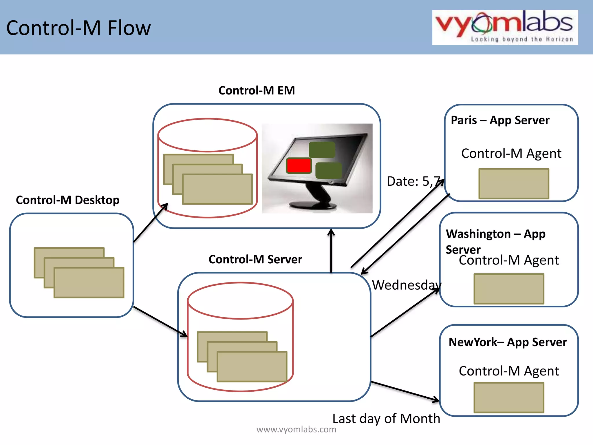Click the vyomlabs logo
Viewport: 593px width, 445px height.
[x=505, y=28]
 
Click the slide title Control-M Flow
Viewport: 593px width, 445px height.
[x=78, y=28]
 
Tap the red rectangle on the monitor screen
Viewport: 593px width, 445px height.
[x=299, y=166]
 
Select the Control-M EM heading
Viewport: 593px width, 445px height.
[x=257, y=90]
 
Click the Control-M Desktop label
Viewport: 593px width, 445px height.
[x=67, y=200]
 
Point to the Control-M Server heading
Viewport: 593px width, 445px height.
[x=255, y=259]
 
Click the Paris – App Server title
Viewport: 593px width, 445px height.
[x=500, y=120]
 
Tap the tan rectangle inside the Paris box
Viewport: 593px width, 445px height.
[x=514, y=184]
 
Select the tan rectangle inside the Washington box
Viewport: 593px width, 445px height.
[x=509, y=289]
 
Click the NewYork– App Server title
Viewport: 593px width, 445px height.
[x=508, y=342]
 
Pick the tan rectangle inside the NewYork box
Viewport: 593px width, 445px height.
[x=509, y=397]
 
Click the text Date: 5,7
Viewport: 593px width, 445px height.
[x=413, y=181]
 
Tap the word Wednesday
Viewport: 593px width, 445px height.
[x=406, y=285]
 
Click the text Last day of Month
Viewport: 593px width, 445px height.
[x=386, y=419]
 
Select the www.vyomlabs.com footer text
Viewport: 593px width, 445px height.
[x=296, y=429]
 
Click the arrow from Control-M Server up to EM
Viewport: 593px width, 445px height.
[x=331, y=251]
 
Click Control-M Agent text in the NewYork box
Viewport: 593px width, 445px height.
[x=509, y=371]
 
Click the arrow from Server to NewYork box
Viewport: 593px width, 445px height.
[x=405, y=391]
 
